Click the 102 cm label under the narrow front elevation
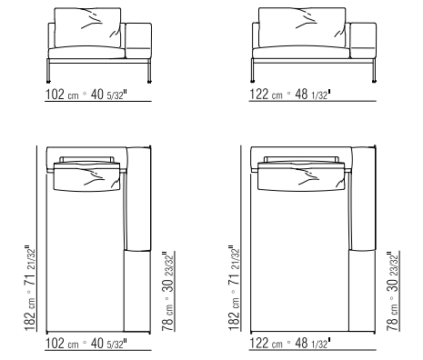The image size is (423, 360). [x=62, y=95]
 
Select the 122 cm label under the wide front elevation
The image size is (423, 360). [x=266, y=95]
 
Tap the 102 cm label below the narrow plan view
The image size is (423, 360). [x=62, y=344]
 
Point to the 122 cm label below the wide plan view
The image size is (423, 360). [x=266, y=344]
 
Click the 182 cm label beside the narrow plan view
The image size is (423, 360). [x=30, y=315]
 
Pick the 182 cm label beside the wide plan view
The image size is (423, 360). [x=234, y=315]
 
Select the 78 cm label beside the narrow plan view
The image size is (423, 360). [x=167, y=318]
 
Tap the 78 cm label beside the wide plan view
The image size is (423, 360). [x=392, y=318]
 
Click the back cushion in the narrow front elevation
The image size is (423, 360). [x=87, y=27]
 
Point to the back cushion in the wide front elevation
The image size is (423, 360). [x=302, y=27]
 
